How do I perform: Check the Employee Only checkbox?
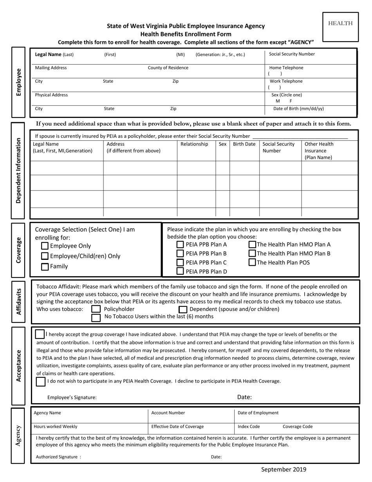click(x=45, y=246)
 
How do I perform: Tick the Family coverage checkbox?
click(x=45, y=267)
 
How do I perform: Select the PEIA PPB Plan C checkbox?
click(x=180, y=263)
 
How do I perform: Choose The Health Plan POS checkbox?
click(x=253, y=263)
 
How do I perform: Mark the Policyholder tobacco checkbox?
click(x=96, y=309)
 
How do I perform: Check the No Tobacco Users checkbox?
click(x=96, y=317)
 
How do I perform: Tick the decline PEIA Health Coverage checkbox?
click(x=41, y=382)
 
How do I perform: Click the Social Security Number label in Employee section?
click(x=292, y=54)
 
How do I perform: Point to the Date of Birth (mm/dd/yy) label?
click(x=298, y=109)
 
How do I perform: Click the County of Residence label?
click(x=168, y=68)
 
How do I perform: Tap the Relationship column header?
click(x=194, y=144)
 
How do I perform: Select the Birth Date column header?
click(x=244, y=144)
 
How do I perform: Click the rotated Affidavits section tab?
click(x=18, y=301)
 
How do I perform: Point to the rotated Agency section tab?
click(x=18, y=435)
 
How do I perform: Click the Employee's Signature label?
click(x=72, y=397)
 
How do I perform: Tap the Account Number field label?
click(x=168, y=413)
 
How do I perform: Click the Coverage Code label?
click(x=298, y=427)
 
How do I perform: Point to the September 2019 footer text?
click(x=284, y=469)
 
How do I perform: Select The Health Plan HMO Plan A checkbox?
click(x=253, y=245)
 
